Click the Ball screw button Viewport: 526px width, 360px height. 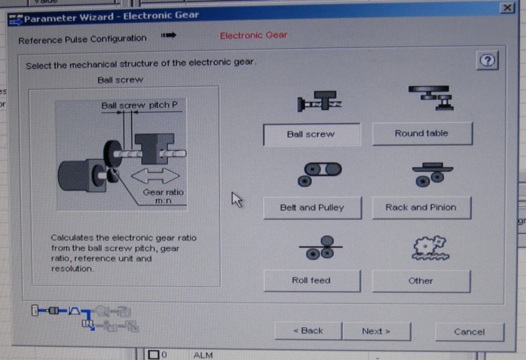(312, 134)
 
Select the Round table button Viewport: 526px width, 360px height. (422, 134)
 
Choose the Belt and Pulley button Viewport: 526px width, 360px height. (312, 207)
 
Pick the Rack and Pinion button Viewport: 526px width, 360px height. (421, 207)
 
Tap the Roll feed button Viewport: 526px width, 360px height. (312, 280)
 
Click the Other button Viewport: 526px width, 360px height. (421, 281)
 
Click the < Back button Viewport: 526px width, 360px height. (308, 331)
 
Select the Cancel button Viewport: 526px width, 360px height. (469, 332)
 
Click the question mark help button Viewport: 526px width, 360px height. (487, 61)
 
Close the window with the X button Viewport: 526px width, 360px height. (507, 7)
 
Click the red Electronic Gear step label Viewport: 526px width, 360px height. (254, 36)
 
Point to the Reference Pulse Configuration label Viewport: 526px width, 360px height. (83, 39)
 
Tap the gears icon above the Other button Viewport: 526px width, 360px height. (431, 248)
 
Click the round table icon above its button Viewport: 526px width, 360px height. (431, 97)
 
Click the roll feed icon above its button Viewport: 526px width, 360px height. (320, 247)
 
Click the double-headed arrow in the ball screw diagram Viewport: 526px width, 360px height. (155, 176)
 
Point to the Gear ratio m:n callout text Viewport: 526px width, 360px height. (163, 197)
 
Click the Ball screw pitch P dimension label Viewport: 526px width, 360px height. (139, 105)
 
